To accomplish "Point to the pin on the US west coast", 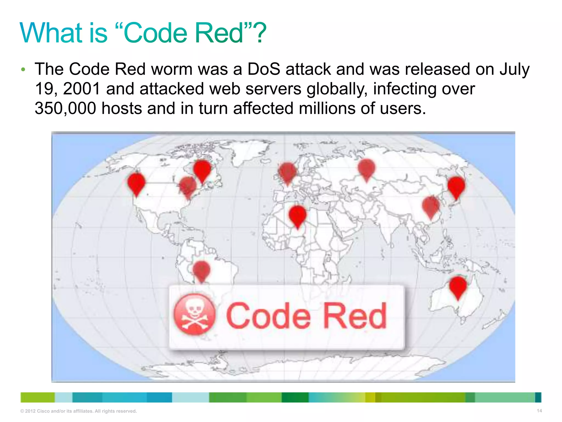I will [136, 183].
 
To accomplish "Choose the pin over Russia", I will [366, 168].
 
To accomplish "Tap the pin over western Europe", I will [287, 172].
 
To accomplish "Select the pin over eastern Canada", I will [202, 170].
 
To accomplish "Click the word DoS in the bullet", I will [264, 69].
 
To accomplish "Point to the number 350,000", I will [65, 108].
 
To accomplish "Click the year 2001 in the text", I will [82, 89].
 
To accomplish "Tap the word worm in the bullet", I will [172, 69].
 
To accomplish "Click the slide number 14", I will [539, 411].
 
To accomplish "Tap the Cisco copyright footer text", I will [78, 411].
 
